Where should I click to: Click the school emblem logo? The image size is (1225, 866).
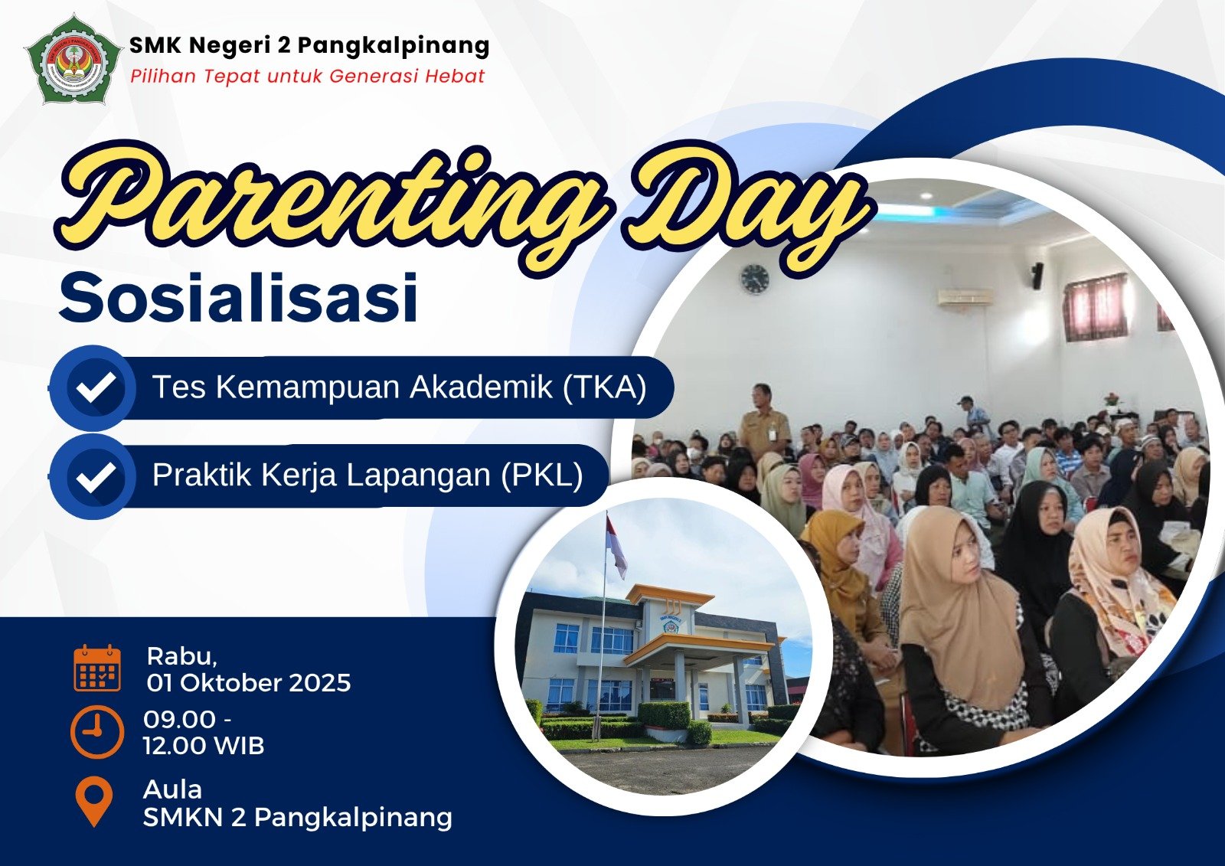pyautogui.click(x=73, y=60)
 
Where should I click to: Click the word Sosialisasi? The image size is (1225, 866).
pyautogui.click(x=238, y=299)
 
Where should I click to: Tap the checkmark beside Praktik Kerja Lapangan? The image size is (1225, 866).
pyautogui.click(x=94, y=475)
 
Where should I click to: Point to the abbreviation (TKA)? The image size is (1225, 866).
pyautogui.click(x=605, y=387)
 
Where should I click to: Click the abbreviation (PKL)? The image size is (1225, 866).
pyautogui.click(x=542, y=475)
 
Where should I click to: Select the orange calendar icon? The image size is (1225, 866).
pyautogui.click(x=97, y=668)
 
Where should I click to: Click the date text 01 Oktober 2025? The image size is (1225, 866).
pyautogui.click(x=248, y=683)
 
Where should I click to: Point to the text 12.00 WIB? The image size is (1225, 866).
pyautogui.click(x=204, y=745)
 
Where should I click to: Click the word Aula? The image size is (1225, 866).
pyautogui.click(x=172, y=789)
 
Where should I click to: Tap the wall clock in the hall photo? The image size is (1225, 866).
pyautogui.click(x=755, y=279)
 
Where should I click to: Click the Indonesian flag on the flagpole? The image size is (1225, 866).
pyautogui.click(x=616, y=546)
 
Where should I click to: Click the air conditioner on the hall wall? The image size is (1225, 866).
pyautogui.click(x=965, y=296)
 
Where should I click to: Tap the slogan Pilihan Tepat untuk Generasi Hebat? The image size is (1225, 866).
pyautogui.click(x=307, y=76)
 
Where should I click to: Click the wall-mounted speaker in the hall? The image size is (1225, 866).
pyautogui.click(x=1037, y=275)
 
